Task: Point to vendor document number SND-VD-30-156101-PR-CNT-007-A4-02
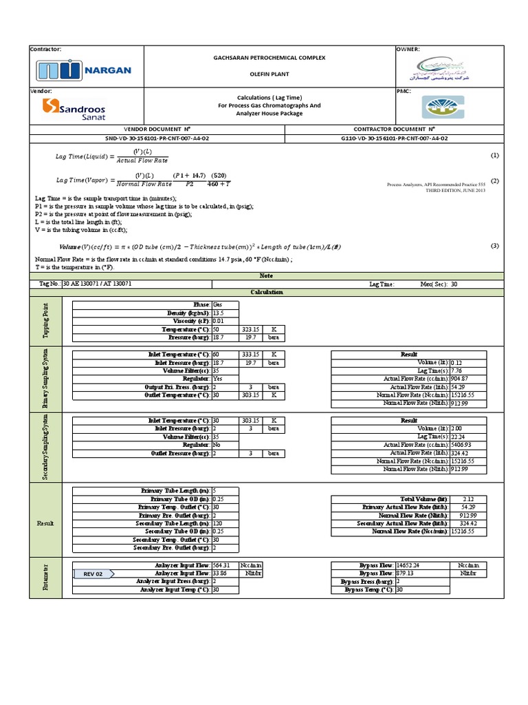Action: pos(165,138)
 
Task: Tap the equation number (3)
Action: pos(494,246)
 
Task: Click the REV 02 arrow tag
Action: pos(95,573)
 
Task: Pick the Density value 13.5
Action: pos(219,313)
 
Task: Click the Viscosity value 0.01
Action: pos(219,321)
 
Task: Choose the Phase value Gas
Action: pos(218,304)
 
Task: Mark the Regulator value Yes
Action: pos(218,379)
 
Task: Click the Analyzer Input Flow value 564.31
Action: pos(221,565)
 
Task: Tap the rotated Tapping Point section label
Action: pos(45,320)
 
